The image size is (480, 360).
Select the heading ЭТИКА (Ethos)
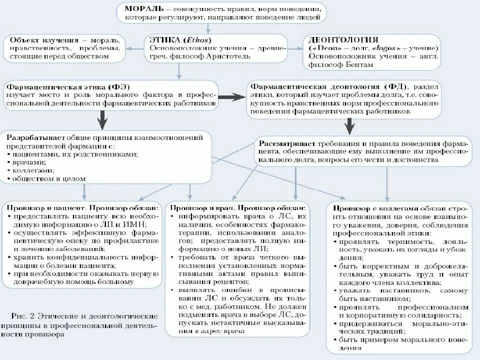tap(177, 39)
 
